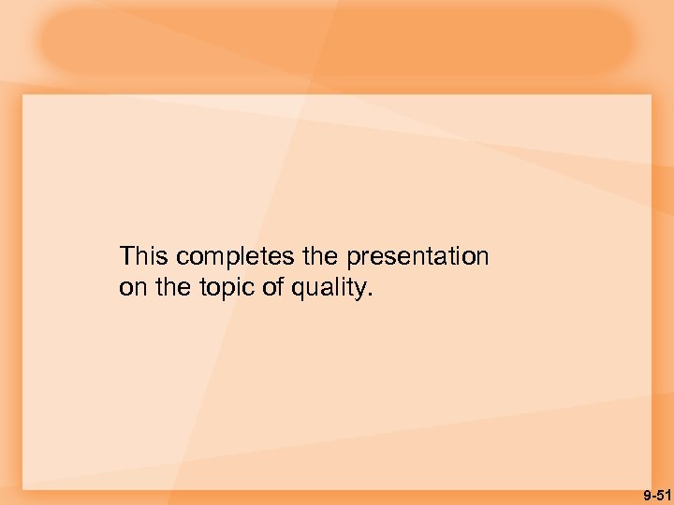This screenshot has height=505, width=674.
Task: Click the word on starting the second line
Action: click(133, 288)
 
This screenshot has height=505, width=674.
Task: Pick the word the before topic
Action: click(173, 288)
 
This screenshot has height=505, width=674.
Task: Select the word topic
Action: click(227, 288)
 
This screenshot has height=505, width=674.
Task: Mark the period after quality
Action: click(370, 294)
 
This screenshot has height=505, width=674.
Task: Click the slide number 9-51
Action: click(657, 493)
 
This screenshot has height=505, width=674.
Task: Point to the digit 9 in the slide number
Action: click(646, 493)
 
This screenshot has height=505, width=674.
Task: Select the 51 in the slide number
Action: click(664, 493)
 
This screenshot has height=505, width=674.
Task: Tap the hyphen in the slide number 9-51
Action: click(652, 494)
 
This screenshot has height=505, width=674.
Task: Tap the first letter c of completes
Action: click(182, 257)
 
